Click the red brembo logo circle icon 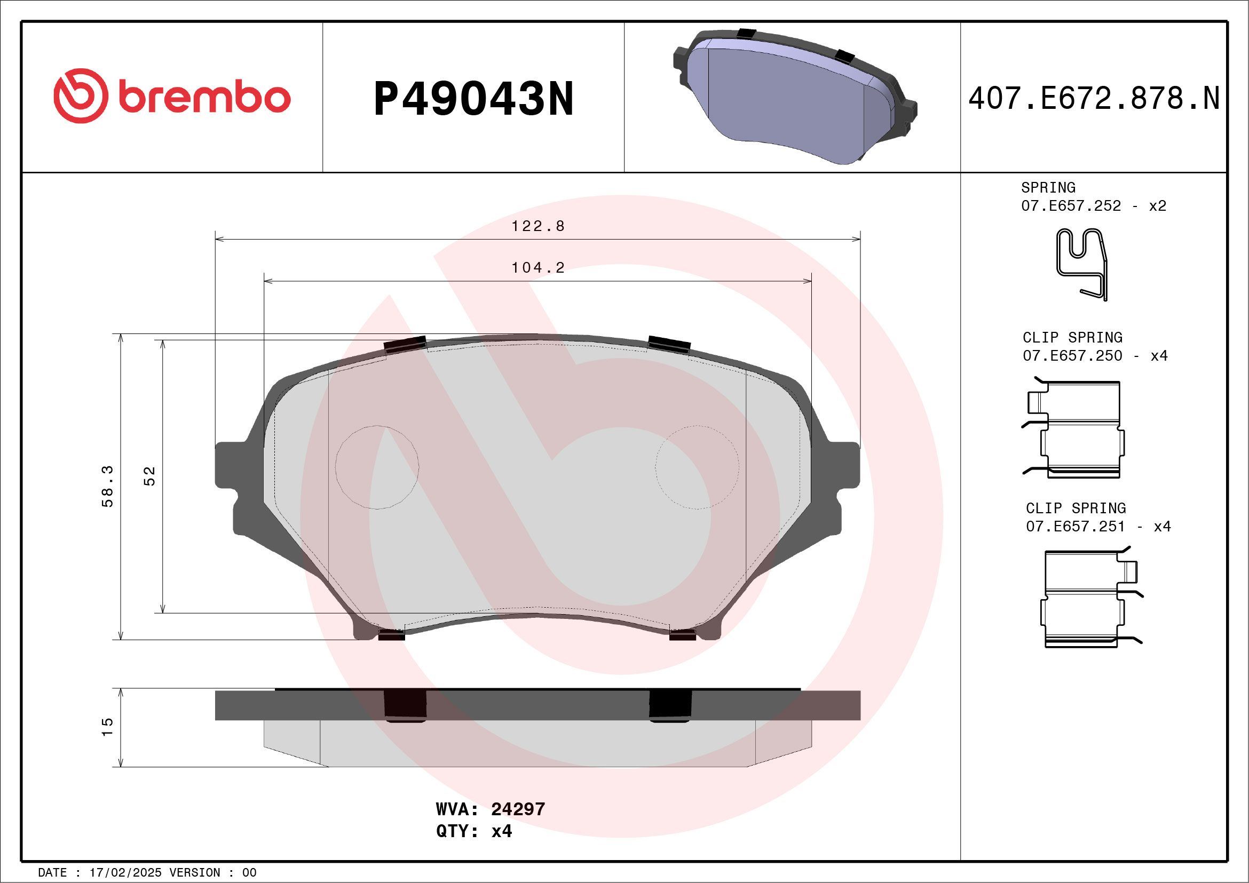coord(80,96)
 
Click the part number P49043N coord(473,99)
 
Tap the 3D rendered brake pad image coord(794,97)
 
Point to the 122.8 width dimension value coord(537,226)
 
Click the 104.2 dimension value coord(537,267)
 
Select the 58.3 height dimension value coord(108,486)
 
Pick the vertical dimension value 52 coord(149,476)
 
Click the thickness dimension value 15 coord(108,727)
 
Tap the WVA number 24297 coord(517,809)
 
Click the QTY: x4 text coord(473,831)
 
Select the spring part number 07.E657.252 coord(1071,205)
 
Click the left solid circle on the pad coord(377,467)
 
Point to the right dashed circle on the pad coord(697,467)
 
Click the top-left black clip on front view coord(405,344)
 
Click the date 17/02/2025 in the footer coord(125,873)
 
